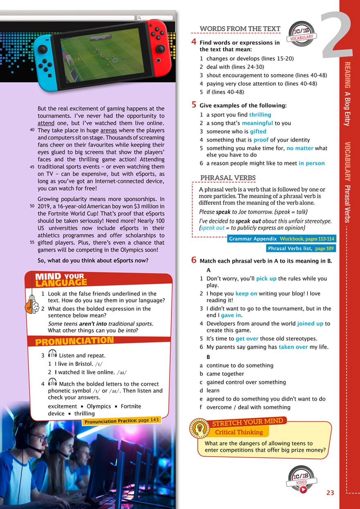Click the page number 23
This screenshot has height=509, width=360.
[330, 493]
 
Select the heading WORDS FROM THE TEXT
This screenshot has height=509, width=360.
[240, 29]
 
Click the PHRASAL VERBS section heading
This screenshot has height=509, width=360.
[228, 177]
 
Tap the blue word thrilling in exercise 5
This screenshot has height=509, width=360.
[260, 115]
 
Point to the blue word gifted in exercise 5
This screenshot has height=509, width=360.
[258, 131]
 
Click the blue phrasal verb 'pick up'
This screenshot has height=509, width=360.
[266, 279]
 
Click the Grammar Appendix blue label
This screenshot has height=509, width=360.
[253, 239]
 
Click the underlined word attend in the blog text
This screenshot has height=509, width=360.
[46, 123]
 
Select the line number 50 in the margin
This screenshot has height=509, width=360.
[32, 206]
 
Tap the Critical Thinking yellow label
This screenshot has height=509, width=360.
[239, 432]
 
